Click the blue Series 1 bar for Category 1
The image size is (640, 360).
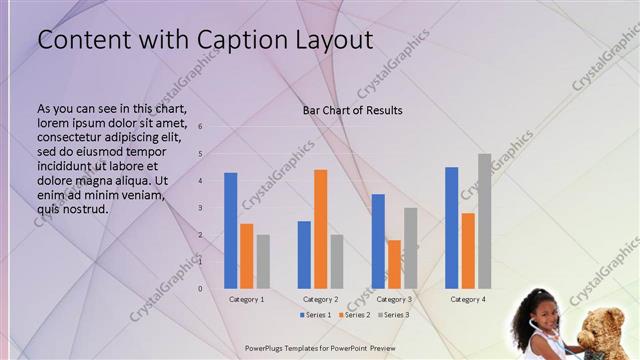[x=231, y=230]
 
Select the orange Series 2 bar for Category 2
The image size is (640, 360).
[x=320, y=229]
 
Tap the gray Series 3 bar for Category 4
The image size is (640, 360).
[x=484, y=221]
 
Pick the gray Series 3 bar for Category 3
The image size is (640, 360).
[x=410, y=248]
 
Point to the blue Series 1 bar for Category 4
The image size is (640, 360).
[x=452, y=227]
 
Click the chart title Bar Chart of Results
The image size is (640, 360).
[x=353, y=110]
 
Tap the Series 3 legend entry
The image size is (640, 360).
[x=393, y=315]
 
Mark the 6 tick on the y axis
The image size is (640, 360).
[x=201, y=127]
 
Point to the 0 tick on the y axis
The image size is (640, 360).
[x=201, y=289]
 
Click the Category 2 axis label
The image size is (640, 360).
[x=320, y=299]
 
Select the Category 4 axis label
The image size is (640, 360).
[x=468, y=299]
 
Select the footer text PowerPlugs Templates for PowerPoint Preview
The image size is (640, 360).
[x=320, y=347]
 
